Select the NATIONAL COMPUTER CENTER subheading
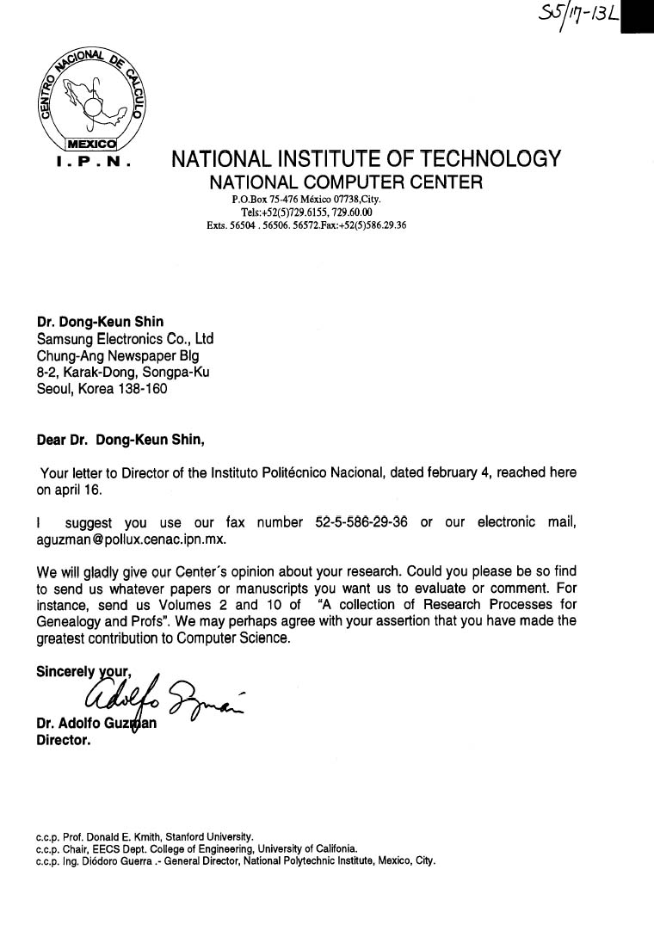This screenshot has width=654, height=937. coord(347,182)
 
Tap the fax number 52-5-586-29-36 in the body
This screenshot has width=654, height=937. coord(361,523)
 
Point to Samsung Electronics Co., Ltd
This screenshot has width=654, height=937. coord(125,339)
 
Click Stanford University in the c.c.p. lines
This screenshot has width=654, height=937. coord(206,836)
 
